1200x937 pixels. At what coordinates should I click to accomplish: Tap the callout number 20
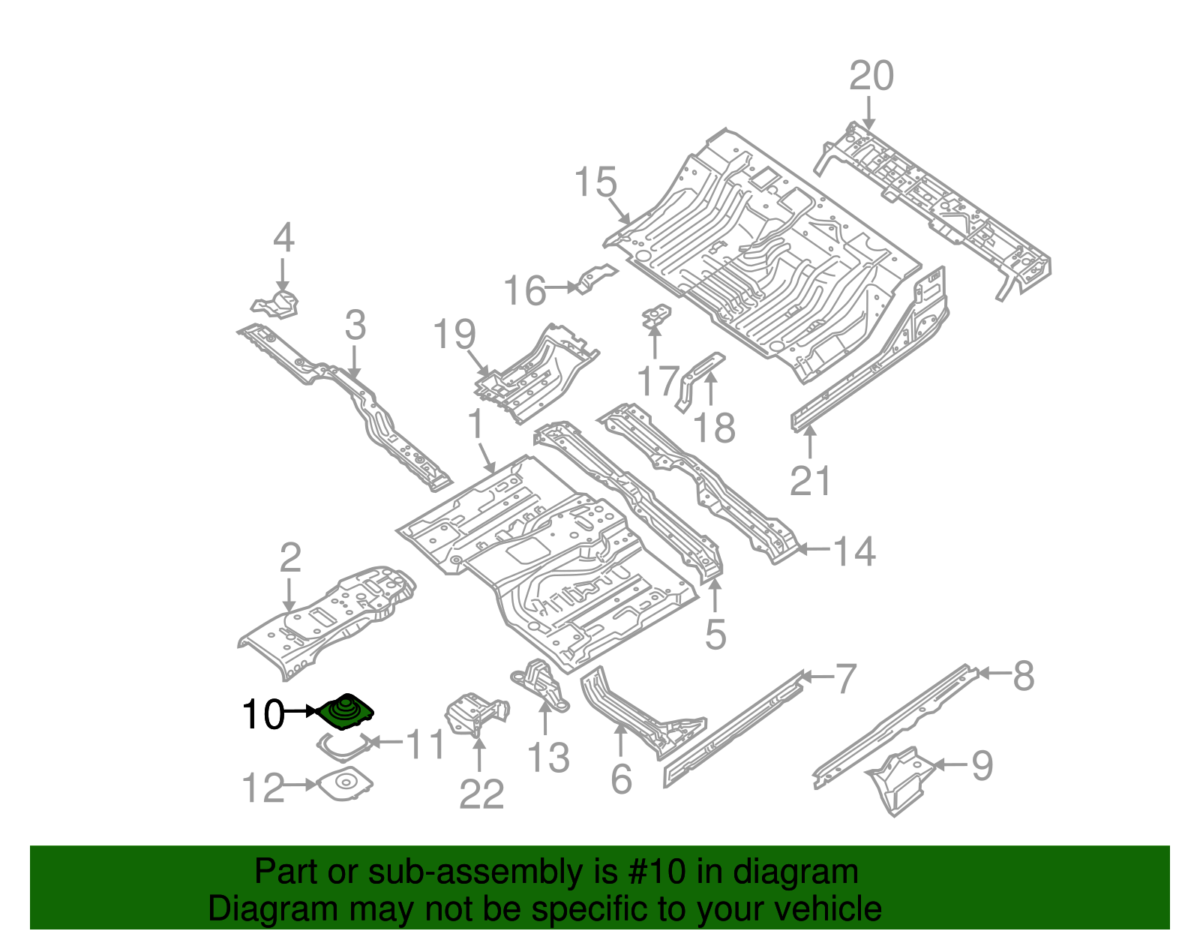[871, 76]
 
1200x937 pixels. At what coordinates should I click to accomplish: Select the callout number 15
[595, 183]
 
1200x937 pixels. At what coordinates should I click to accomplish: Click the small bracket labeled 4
[276, 305]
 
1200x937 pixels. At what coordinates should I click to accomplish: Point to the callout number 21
[810, 481]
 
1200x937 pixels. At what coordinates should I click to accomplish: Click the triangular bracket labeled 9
[900, 780]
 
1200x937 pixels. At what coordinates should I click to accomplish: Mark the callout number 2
[289, 557]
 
